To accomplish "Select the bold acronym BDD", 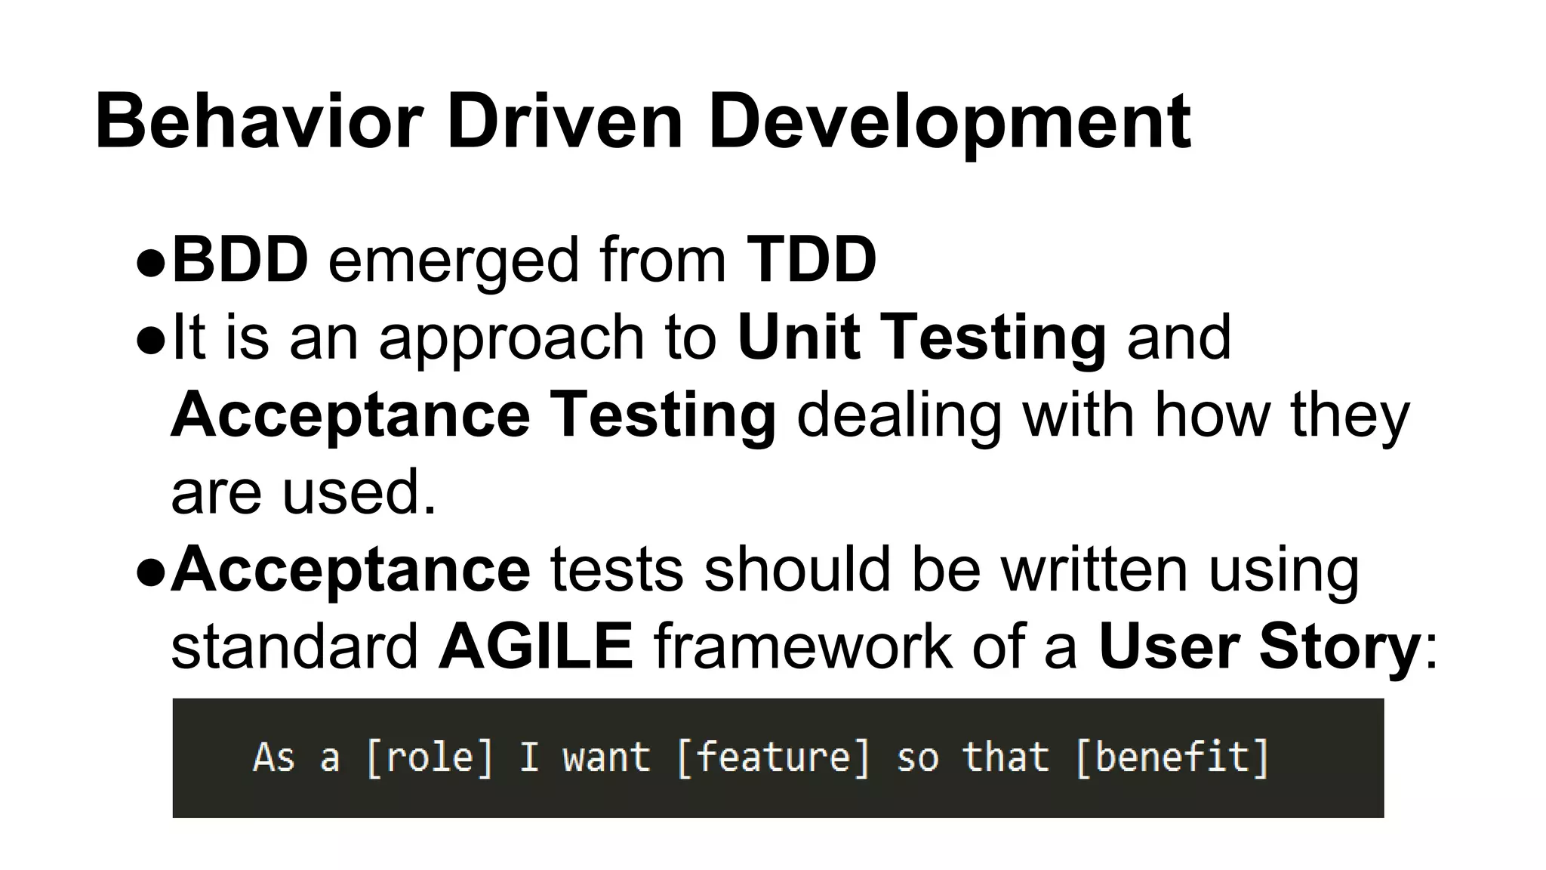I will (240, 260).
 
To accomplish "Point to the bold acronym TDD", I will (811, 260).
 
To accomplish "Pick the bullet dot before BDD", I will (151, 264).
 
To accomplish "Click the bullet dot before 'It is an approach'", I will (151, 341).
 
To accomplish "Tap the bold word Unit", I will (799, 337).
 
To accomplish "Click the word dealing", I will (899, 415).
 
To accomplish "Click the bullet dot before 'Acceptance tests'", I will (151, 573).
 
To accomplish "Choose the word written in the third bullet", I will (1094, 569).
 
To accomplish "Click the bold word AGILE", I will (536, 646).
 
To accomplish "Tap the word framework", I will (803, 646).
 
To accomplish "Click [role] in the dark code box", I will (429, 757).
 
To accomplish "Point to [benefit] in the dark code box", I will (1172, 757).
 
